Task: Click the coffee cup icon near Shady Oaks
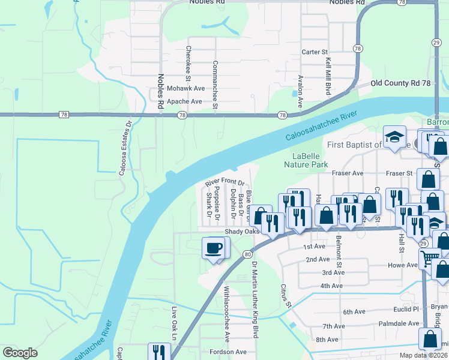click(214, 248)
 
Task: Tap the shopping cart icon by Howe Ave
click(429, 259)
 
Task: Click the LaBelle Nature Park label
click(306, 158)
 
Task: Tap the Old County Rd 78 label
click(400, 83)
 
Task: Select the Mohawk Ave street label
click(186, 88)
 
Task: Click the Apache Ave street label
click(184, 101)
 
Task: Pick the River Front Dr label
click(226, 183)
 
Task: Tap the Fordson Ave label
click(228, 352)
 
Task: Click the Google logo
click(20, 353)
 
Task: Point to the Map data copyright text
click(423, 355)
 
